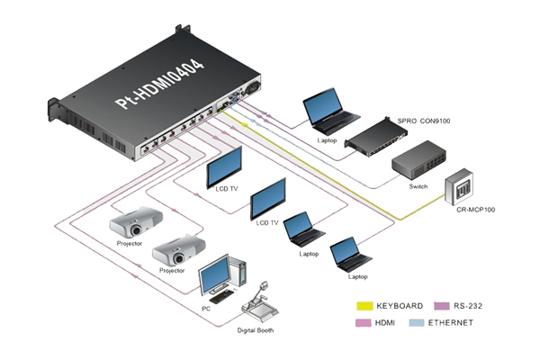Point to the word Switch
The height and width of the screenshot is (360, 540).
point(419,187)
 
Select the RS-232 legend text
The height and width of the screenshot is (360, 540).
point(467,304)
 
